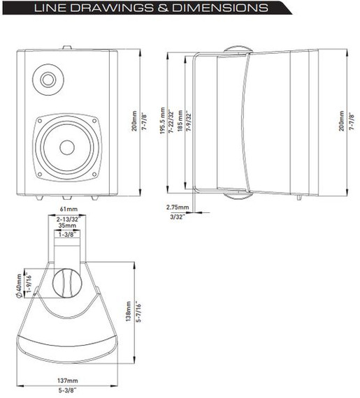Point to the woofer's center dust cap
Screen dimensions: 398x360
66,147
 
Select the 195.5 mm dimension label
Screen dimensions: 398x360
163,122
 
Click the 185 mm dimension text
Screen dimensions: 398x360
180,123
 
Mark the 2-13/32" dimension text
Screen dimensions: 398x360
67,219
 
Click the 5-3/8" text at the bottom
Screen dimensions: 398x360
68,392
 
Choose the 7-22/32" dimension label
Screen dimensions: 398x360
171,122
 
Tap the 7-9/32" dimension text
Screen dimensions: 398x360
189,123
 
